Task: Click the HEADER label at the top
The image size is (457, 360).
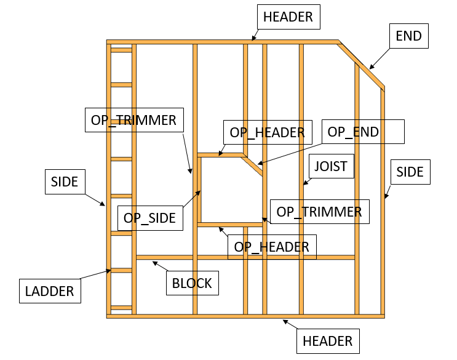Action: click(288, 17)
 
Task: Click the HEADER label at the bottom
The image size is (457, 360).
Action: click(328, 340)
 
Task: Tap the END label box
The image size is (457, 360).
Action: click(409, 36)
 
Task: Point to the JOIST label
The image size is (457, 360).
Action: click(331, 166)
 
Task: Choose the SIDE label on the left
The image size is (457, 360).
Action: click(65, 182)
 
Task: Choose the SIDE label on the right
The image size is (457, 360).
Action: click(410, 172)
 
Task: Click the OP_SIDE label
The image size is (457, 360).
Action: click(149, 217)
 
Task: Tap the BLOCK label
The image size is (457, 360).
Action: click(192, 283)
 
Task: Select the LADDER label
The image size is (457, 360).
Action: click(49, 291)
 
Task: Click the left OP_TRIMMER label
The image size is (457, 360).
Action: click(133, 120)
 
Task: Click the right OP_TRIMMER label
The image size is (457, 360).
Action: click(319, 212)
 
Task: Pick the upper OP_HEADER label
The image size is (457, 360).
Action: click(267, 132)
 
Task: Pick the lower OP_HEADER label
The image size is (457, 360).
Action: click(271, 247)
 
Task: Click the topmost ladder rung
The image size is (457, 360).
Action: click(121, 50)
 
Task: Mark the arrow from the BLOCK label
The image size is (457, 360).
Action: click(161, 266)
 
